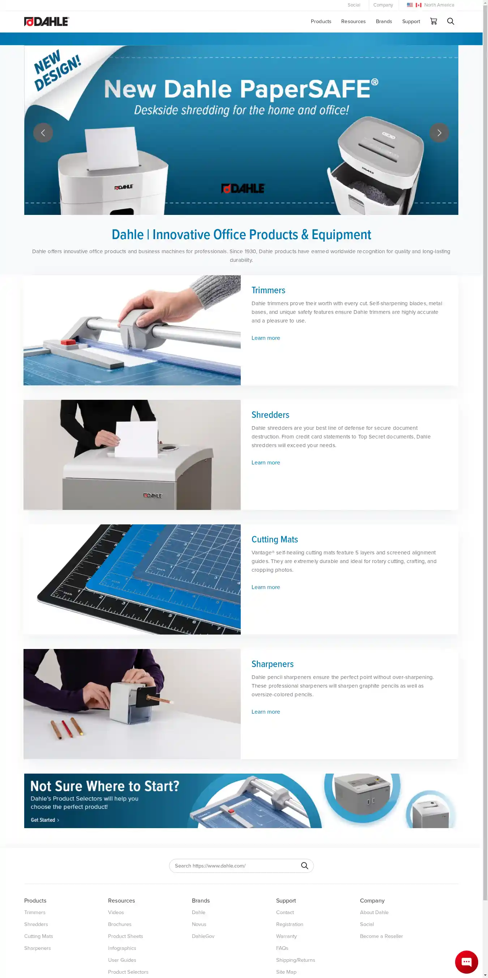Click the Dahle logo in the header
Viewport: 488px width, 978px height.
pos(46,22)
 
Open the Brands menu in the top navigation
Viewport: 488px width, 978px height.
pos(384,22)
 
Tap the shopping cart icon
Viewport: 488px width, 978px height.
pos(433,21)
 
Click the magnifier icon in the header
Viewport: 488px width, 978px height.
pos(450,21)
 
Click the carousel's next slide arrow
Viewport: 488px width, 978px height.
pos(439,133)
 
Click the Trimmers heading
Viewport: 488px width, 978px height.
pos(268,290)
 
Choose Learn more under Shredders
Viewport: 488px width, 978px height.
pos(266,462)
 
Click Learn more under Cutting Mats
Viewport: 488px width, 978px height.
pos(266,587)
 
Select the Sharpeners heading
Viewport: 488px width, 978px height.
pos(273,664)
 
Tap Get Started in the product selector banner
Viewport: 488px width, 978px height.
pos(45,820)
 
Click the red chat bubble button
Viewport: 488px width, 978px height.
pos(466,962)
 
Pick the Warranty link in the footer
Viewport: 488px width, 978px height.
pos(287,936)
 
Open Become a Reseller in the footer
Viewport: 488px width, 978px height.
pos(381,936)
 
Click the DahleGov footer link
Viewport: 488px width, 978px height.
pos(203,936)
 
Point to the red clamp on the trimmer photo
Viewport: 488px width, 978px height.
pos(68,342)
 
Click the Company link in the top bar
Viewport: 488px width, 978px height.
pos(383,5)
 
